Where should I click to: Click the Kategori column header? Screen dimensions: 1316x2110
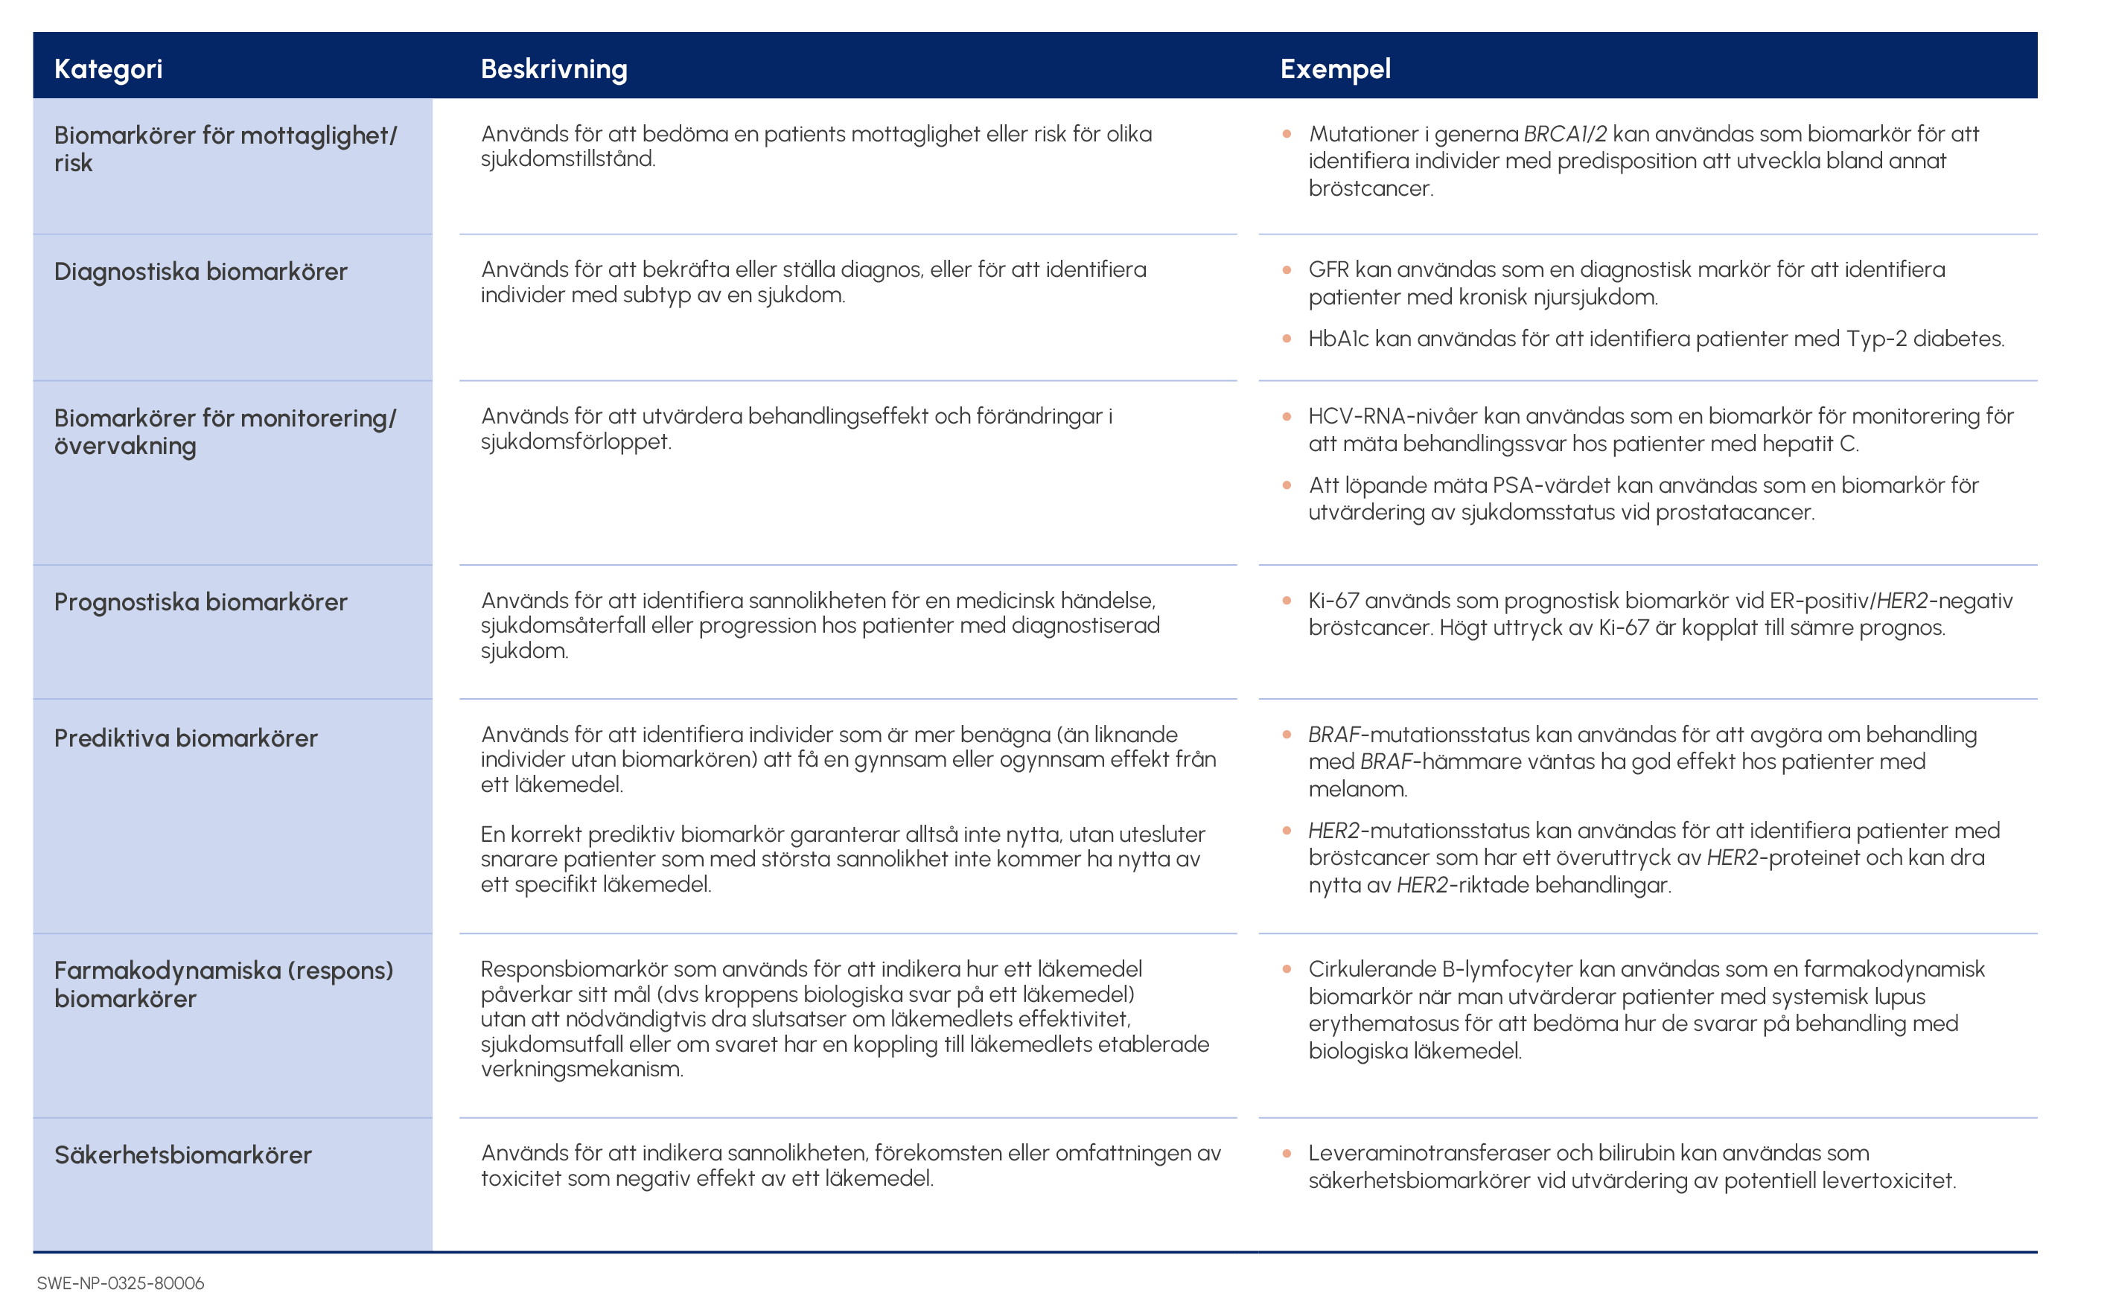point(108,68)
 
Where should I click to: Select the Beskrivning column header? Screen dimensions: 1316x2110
point(554,68)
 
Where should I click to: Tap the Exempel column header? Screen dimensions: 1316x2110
point(1334,68)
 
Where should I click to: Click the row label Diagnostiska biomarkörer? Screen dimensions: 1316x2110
point(200,272)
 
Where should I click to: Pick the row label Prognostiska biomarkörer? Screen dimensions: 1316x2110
point(200,601)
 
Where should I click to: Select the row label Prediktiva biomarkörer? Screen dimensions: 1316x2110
point(185,738)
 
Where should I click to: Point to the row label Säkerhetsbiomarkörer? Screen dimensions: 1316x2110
point(183,1155)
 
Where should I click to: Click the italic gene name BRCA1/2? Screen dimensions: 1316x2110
point(1564,134)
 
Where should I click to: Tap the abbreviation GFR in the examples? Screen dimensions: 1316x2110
point(1328,269)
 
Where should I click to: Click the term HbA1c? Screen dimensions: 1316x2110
point(1338,339)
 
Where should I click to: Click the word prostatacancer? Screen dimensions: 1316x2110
point(1734,513)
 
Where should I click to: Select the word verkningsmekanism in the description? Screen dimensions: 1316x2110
point(581,1070)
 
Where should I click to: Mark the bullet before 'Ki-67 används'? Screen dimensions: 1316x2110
point(1287,601)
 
